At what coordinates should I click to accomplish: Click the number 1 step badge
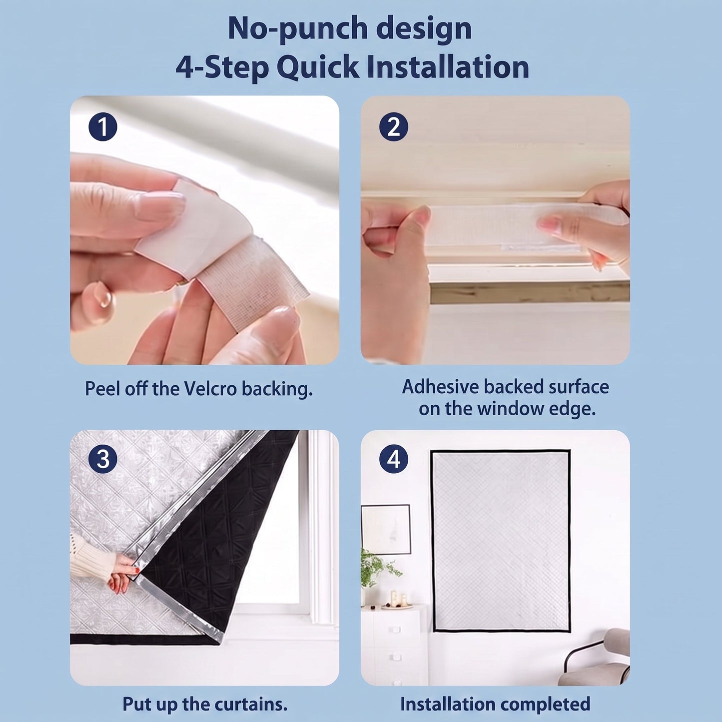tap(102, 127)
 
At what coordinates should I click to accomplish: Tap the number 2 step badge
tap(393, 127)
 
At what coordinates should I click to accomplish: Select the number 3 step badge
tap(102, 459)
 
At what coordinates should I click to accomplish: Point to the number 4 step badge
tap(393, 459)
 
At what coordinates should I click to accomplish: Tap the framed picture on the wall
tap(386, 529)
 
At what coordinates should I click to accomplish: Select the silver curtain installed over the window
tap(501, 541)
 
